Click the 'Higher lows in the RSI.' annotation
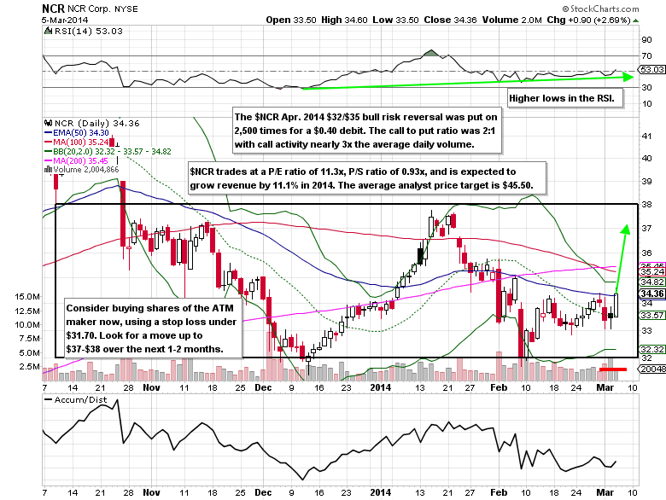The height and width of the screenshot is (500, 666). (x=564, y=100)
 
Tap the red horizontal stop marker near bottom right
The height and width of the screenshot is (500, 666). (x=612, y=369)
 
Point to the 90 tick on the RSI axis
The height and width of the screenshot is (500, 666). (x=646, y=39)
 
